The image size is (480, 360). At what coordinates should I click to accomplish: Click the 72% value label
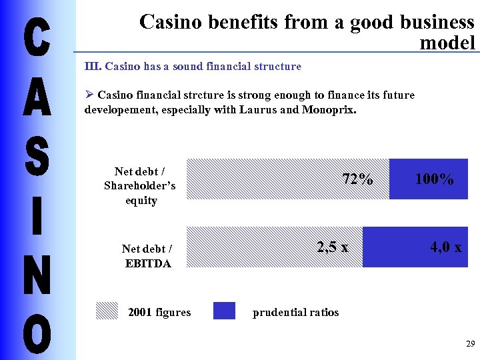pyautogui.click(x=357, y=179)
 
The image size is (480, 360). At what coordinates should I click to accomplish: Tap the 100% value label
pyautogui.click(x=434, y=179)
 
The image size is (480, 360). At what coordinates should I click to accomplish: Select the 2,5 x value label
pyautogui.click(x=333, y=247)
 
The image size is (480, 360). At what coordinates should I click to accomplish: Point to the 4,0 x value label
pyautogui.click(x=445, y=247)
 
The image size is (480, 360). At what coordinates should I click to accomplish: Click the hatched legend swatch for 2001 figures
pyautogui.click(x=107, y=311)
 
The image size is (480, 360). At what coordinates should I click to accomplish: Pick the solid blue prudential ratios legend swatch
pyautogui.click(x=224, y=311)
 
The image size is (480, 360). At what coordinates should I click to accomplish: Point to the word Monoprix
pyautogui.click(x=329, y=109)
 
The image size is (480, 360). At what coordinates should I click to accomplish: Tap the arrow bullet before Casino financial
pyautogui.click(x=89, y=95)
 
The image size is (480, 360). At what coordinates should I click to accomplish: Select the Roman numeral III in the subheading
pyautogui.click(x=93, y=67)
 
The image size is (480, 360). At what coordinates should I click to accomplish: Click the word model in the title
pyautogui.click(x=447, y=43)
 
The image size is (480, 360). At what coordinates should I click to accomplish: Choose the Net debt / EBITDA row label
pyautogui.click(x=147, y=255)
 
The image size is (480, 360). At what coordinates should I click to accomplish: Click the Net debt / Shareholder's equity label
pyautogui.click(x=140, y=186)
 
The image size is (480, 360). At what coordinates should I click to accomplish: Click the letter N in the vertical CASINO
pyautogui.click(x=37, y=275)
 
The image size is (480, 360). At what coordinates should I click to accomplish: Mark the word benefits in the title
pyautogui.click(x=242, y=22)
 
